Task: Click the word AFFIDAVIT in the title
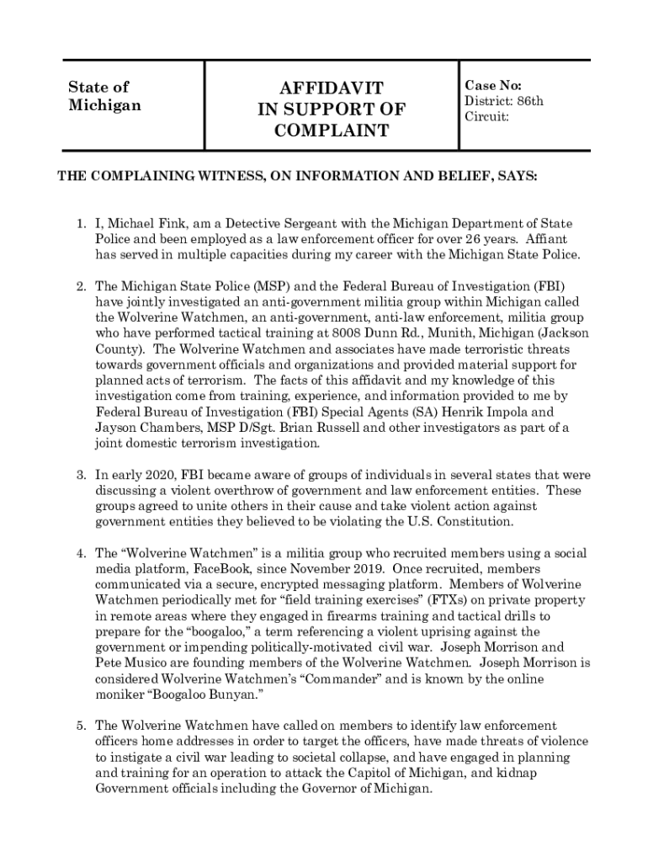click(x=331, y=88)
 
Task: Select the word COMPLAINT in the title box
click(x=331, y=131)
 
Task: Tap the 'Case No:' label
click(x=493, y=86)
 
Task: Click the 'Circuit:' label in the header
click(x=487, y=117)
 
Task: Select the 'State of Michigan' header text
click(x=104, y=96)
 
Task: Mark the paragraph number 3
click(x=80, y=475)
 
